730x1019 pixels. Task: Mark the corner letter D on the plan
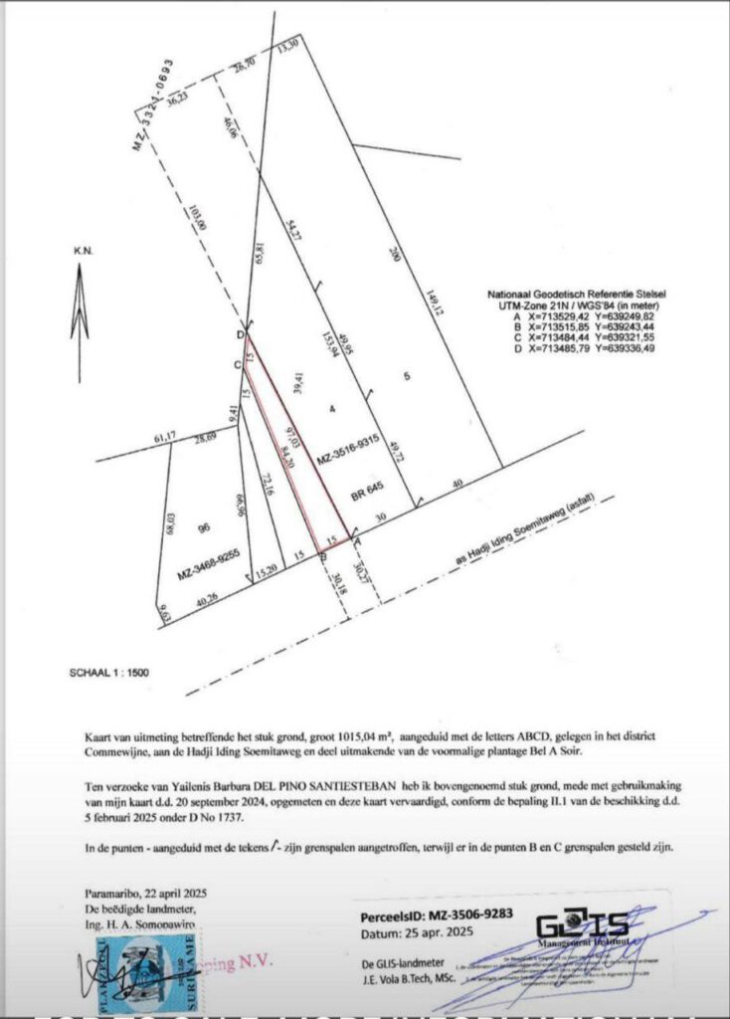(240, 334)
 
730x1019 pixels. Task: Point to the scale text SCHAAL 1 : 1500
(108, 673)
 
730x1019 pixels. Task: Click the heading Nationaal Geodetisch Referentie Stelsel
(576, 297)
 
